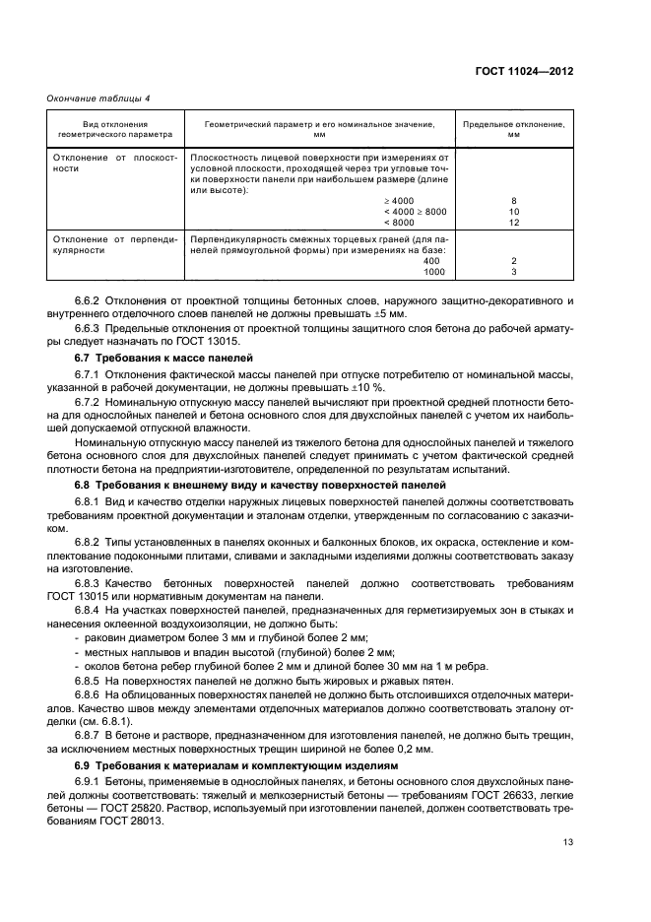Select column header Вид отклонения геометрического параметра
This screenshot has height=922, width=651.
pos(115,128)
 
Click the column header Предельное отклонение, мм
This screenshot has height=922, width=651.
pos(513,128)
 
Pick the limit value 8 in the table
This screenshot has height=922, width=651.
pos(513,200)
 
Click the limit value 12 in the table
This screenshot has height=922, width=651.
pos(513,222)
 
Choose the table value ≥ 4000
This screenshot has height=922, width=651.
pos(429,200)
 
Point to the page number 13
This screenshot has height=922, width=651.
pos(567,840)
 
